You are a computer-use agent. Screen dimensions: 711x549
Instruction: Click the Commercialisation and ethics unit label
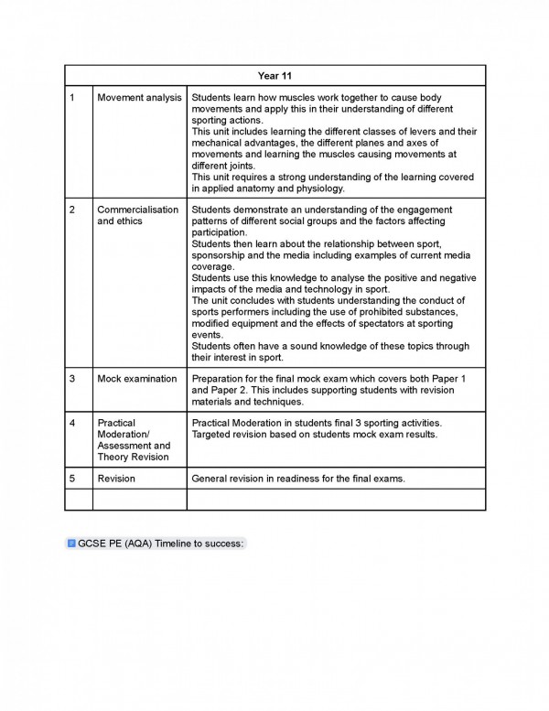pos(137,215)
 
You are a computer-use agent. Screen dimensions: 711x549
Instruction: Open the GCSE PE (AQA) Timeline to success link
pos(161,543)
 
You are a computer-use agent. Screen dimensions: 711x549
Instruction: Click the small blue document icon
pos(71,543)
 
